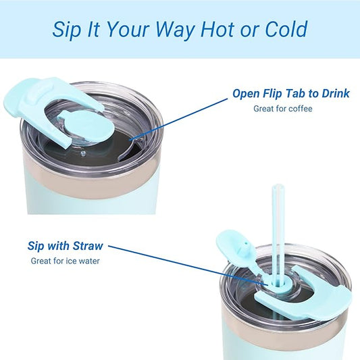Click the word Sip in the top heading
click(x=67, y=30)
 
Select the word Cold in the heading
click(x=286, y=29)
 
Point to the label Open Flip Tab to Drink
click(x=291, y=93)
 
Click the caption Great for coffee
click(x=283, y=109)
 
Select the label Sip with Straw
click(x=66, y=246)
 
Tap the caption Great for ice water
click(x=66, y=261)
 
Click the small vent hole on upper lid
click(x=83, y=153)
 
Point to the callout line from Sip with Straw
click(x=188, y=265)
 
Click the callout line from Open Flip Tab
click(x=178, y=119)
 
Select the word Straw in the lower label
click(x=88, y=246)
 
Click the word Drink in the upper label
click(x=336, y=93)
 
